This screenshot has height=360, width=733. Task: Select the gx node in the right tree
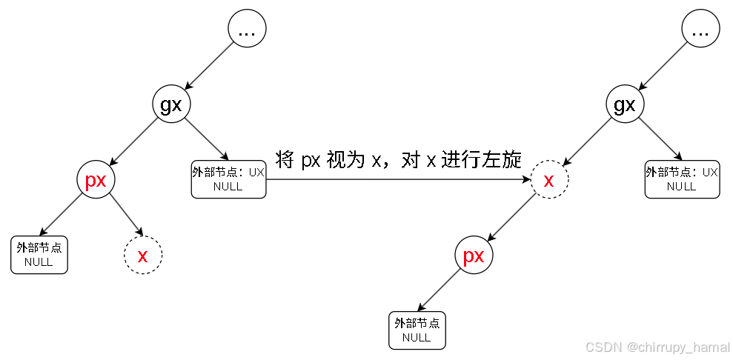pos(626,104)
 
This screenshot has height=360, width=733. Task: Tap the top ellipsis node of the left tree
pos(246,30)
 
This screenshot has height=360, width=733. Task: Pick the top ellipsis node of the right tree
pos(700,30)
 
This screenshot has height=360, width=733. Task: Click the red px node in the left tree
pos(96,180)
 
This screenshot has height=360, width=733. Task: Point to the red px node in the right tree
pos(474,256)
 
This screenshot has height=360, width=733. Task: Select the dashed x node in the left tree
pos(142,256)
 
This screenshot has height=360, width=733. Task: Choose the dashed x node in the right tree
pos(549,180)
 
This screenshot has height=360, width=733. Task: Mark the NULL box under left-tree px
pos(39,255)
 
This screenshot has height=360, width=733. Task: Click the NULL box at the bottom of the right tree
pos(417,330)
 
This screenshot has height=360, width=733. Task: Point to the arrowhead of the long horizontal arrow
pos(527,179)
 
